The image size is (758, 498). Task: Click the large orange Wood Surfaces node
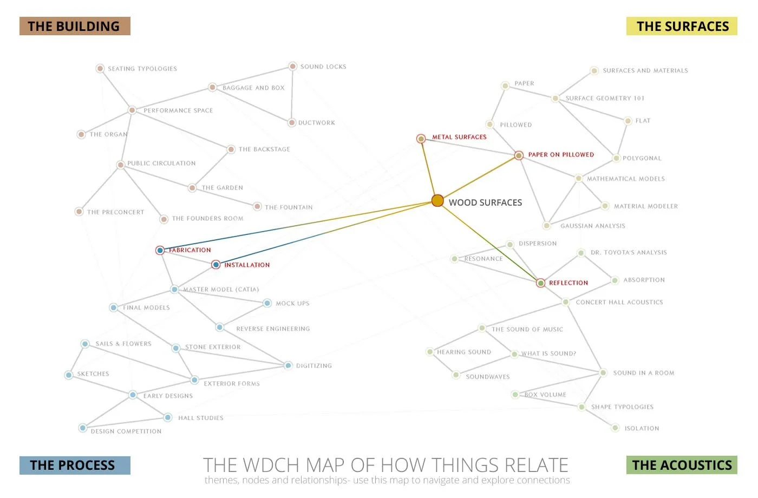point(437,201)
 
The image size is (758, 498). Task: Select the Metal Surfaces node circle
point(421,139)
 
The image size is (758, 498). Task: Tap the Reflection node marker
point(540,283)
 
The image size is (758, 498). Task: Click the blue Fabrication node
point(160,250)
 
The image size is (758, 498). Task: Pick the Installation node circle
point(216,265)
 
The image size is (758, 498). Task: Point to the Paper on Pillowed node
point(519,155)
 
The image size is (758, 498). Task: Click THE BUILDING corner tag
point(75,26)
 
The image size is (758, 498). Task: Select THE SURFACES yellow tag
point(682,26)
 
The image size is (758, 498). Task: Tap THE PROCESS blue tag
point(75,465)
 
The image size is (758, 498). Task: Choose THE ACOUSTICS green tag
point(682,465)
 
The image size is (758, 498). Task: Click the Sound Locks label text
point(323,67)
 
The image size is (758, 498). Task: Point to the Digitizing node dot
point(288,365)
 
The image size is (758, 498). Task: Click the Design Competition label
point(126,431)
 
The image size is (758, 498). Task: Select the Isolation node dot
point(615,428)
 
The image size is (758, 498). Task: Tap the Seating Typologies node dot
point(100,68)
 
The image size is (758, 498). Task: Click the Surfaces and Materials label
point(645,70)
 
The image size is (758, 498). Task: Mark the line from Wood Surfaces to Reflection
point(487,240)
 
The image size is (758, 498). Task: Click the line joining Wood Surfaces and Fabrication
point(298,226)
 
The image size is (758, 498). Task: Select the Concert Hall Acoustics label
point(619,302)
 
